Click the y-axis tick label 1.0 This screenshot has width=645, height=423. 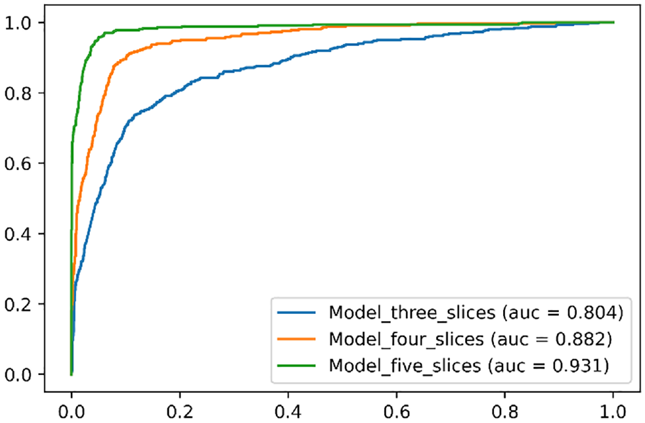point(18,22)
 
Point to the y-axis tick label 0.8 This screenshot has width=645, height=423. point(18,93)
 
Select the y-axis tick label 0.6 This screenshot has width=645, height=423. point(18,164)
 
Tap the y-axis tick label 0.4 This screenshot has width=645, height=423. point(18,234)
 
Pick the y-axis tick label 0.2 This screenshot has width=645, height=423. point(18,304)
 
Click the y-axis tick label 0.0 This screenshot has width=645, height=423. point(18,374)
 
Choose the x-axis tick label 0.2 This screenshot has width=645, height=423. point(180,411)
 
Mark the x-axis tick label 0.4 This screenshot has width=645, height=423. point(288,411)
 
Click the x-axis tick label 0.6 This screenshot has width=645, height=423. point(397,411)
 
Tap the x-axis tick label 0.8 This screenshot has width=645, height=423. point(504,411)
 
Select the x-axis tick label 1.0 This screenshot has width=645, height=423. point(613,411)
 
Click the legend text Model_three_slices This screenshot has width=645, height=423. point(412,313)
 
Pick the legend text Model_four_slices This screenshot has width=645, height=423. point(406,340)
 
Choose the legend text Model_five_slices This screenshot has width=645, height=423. point(405,366)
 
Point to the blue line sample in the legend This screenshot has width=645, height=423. point(297,313)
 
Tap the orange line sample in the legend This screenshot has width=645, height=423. point(297,339)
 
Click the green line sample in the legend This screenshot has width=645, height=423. point(297,365)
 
